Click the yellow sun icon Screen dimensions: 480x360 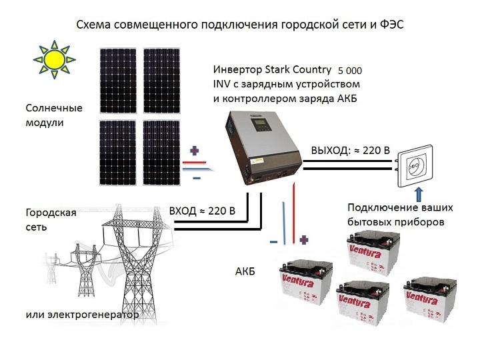(54, 58)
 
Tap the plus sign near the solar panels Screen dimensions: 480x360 (195, 150)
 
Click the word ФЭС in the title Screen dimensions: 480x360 (389, 25)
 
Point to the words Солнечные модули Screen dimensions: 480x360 (54, 115)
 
